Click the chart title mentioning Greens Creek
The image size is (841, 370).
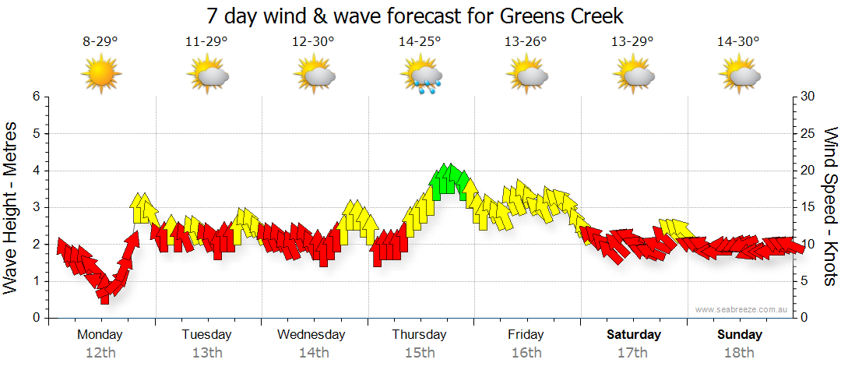point(416,16)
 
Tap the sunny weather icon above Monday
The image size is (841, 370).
point(100,75)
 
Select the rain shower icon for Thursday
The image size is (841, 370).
point(421,76)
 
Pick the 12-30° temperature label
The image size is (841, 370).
point(313,42)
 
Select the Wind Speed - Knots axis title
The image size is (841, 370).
point(829,207)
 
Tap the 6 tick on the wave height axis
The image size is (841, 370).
point(35,97)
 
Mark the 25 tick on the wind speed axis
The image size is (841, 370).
point(808,133)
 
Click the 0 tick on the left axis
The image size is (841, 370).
point(35,318)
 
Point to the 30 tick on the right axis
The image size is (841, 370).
point(808,97)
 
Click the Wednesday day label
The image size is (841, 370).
point(311,335)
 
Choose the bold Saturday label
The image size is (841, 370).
point(634,335)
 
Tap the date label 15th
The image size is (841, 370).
point(420,353)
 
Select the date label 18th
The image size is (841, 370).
point(740,353)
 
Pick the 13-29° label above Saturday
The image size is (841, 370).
point(632,42)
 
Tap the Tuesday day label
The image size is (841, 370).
point(206,335)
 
